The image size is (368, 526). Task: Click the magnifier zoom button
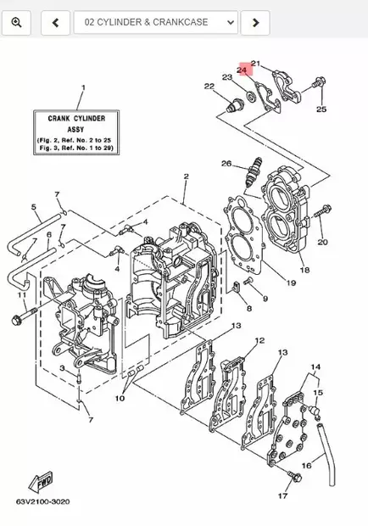pos(16,23)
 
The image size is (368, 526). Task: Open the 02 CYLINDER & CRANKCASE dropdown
pos(155,23)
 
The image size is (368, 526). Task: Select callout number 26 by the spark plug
pos(226,163)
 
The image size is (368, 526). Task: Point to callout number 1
pos(83,88)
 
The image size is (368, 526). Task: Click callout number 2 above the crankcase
pos(185,176)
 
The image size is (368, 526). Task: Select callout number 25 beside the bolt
pos(321,109)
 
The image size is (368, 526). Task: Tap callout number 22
pos(209,87)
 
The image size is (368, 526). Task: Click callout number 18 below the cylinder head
pos(304,271)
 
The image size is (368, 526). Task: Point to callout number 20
pos(322,243)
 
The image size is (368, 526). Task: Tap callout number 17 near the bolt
pos(282,495)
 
